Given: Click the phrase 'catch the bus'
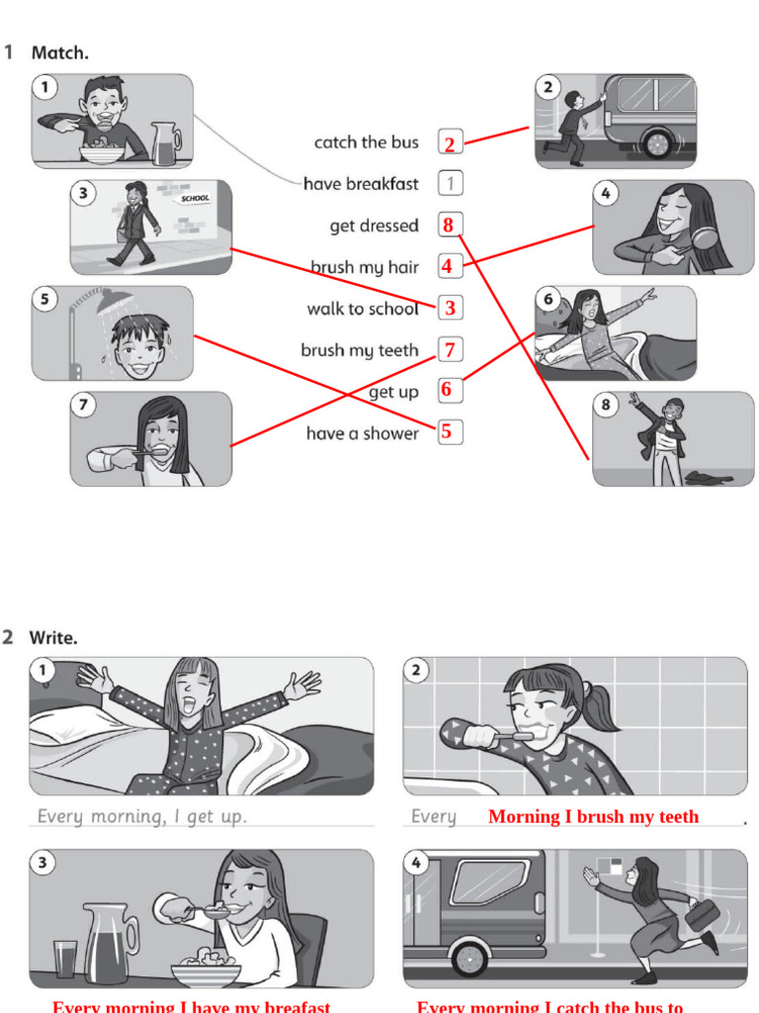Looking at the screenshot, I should (x=366, y=142).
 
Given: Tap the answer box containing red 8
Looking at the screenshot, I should (x=450, y=226).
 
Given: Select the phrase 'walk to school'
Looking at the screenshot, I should (x=362, y=309).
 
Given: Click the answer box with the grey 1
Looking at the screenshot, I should (x=450, y=184).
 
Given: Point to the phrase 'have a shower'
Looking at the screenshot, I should (x=362, y=433).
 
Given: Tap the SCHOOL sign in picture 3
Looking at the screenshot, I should (x=195, y=199).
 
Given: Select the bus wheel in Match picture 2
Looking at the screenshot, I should (x=657, y=144).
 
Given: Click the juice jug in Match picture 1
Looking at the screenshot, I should (x=165, y=144).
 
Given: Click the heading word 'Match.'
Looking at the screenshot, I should (x=60, y=53).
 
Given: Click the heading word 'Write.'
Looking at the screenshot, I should (x=53, y=638).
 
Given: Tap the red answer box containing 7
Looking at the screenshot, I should (x=450, y=350).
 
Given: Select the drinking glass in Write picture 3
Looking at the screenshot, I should (x=65, y=958).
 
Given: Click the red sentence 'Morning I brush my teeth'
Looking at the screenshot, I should (x=593, y=817).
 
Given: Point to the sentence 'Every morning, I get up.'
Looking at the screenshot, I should (x=141, y=817).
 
